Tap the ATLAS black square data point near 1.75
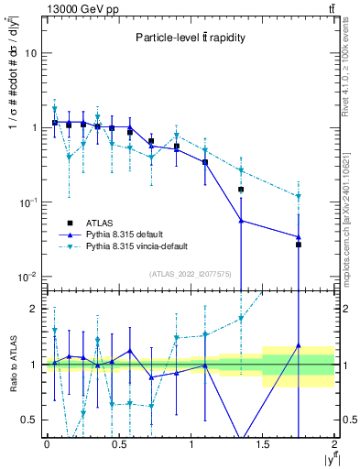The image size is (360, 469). click(299, 245)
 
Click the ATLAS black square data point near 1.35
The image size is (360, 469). click(241, 190)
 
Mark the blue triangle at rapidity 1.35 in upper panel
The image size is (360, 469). click(241, 221)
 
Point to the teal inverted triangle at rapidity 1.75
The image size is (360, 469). click(299, 196)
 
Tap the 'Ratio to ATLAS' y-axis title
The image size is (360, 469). click(12, 365)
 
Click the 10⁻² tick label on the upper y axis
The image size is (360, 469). click(27, 277)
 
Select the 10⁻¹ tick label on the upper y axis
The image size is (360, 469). click(27, 202)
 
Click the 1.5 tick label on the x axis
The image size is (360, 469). click(263, 444)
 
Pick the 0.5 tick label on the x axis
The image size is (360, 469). click(118, 444)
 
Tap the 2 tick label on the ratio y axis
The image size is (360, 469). click(33, 309)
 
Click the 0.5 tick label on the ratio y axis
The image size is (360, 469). click(29, 420)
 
